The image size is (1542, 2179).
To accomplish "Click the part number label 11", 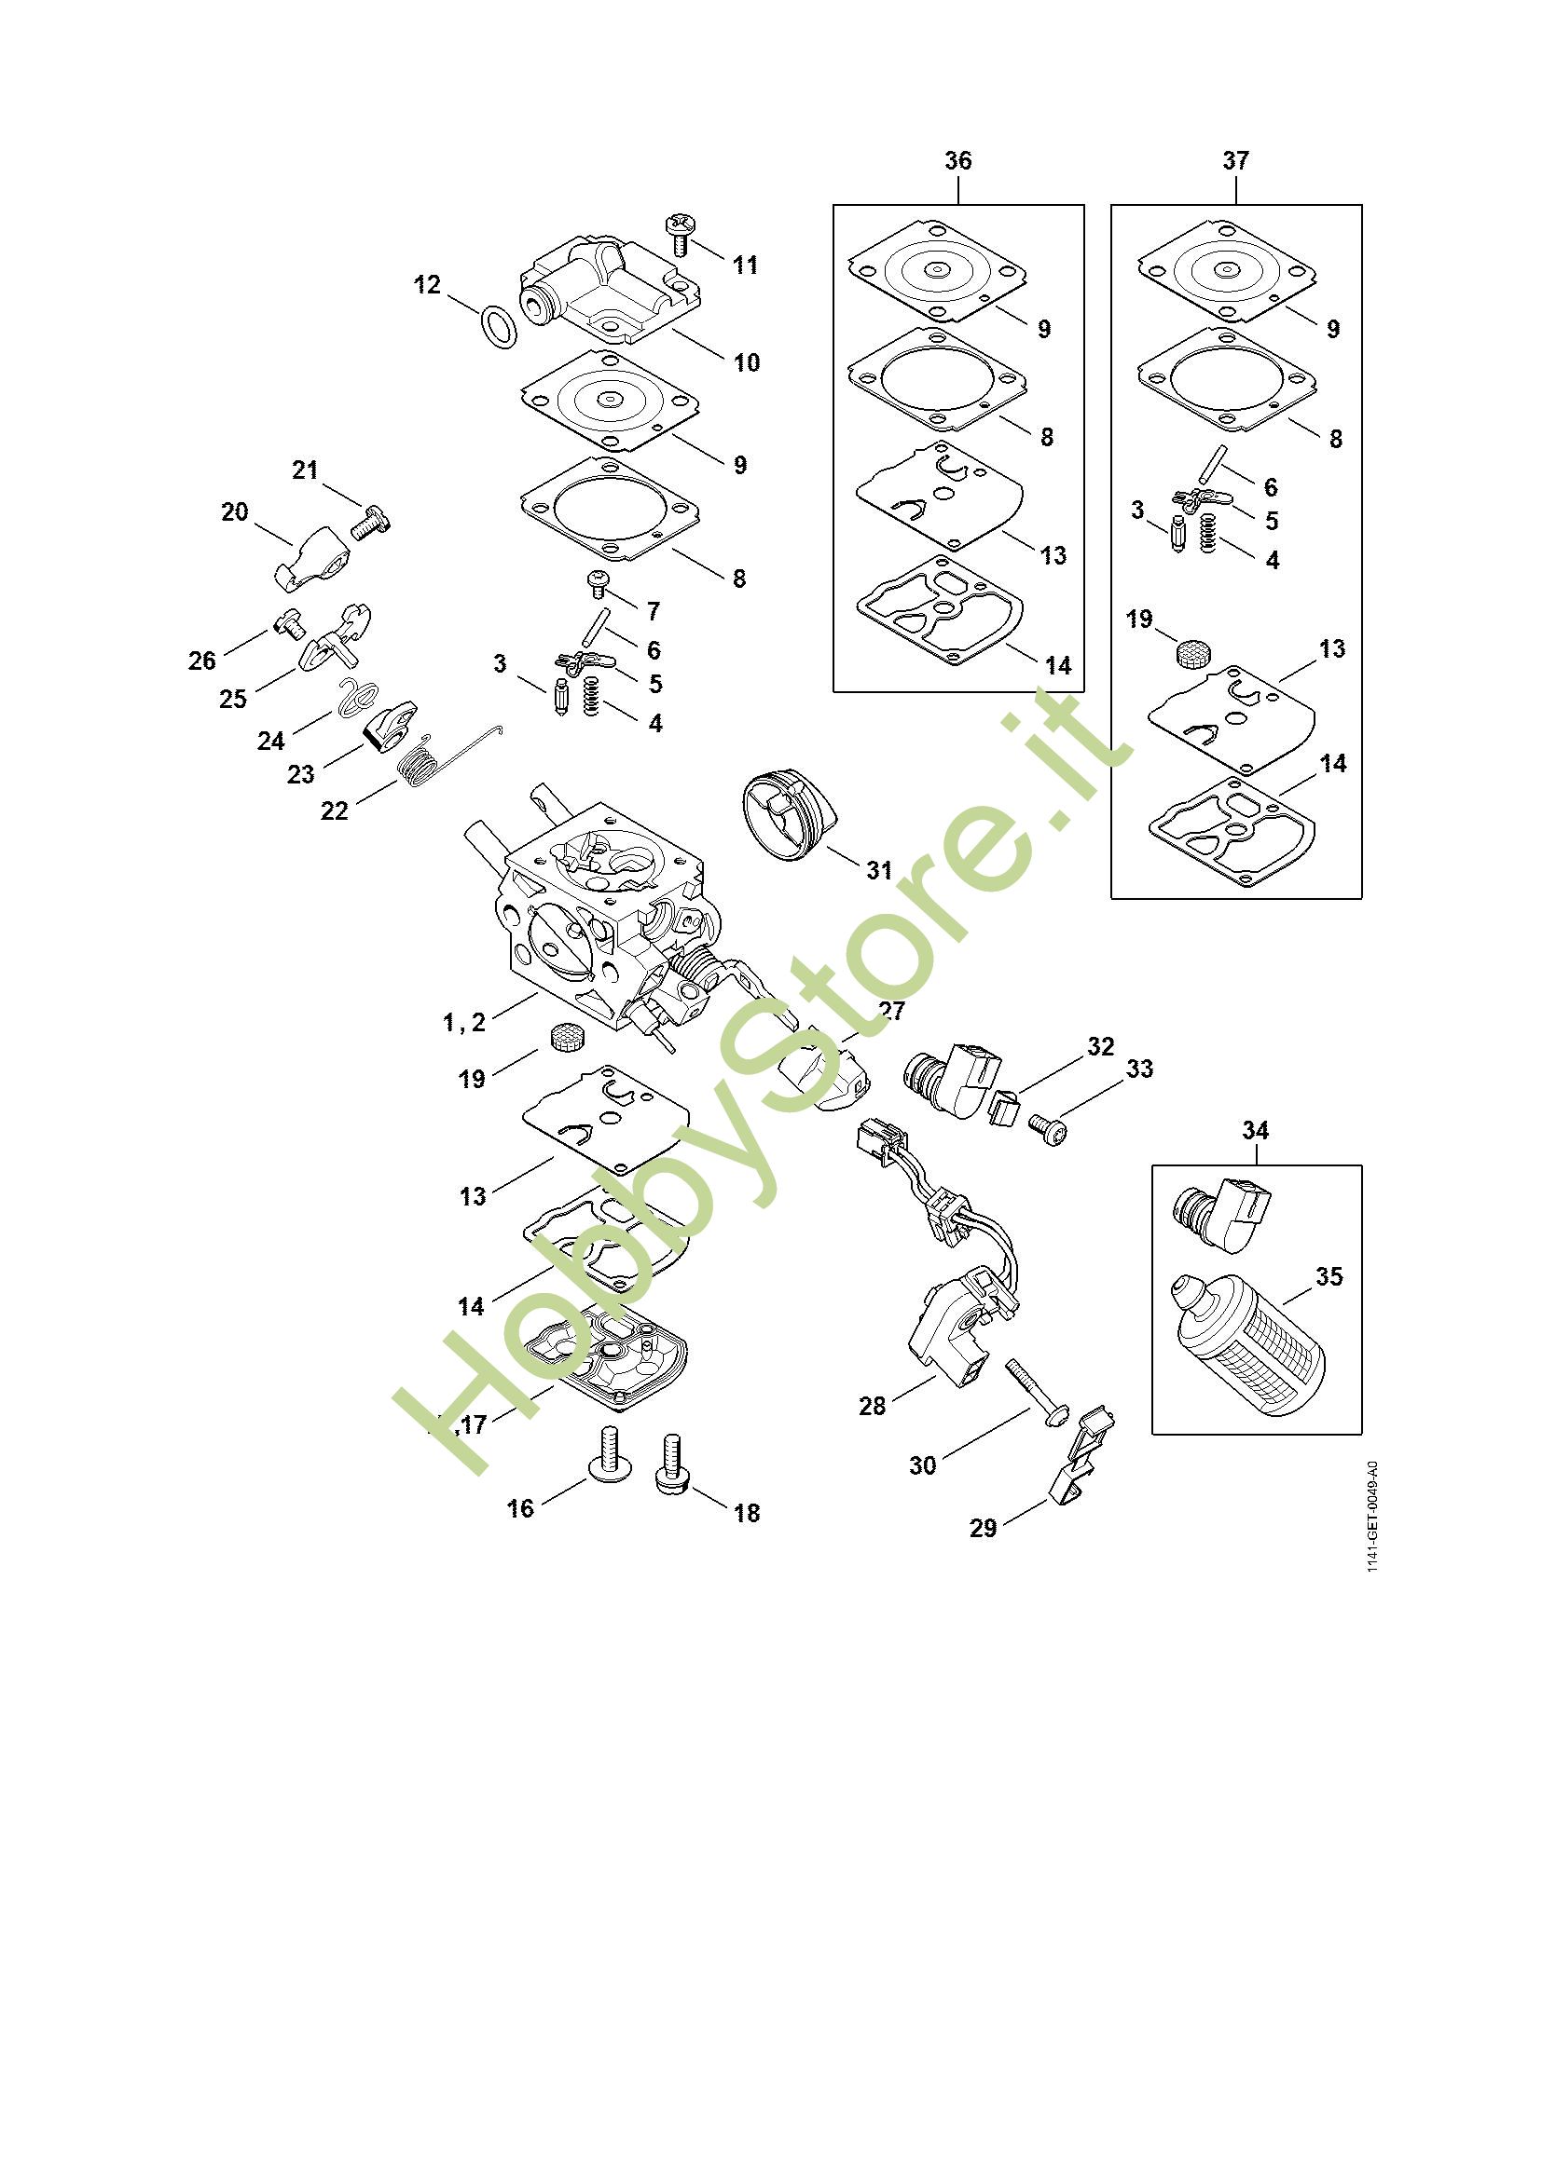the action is (x=746, y=265).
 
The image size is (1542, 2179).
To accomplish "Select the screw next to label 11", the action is (x=681, y=234).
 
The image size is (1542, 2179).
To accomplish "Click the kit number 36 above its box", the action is (x=958, y=160).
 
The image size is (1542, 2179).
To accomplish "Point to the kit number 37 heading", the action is (x=1235, y=160).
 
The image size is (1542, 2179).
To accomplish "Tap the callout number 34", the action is (x=1255, y=1130).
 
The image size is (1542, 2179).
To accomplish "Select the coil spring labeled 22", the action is (x=419, y=765).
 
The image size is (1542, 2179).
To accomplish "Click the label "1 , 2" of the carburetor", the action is (x=464, y=1022).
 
